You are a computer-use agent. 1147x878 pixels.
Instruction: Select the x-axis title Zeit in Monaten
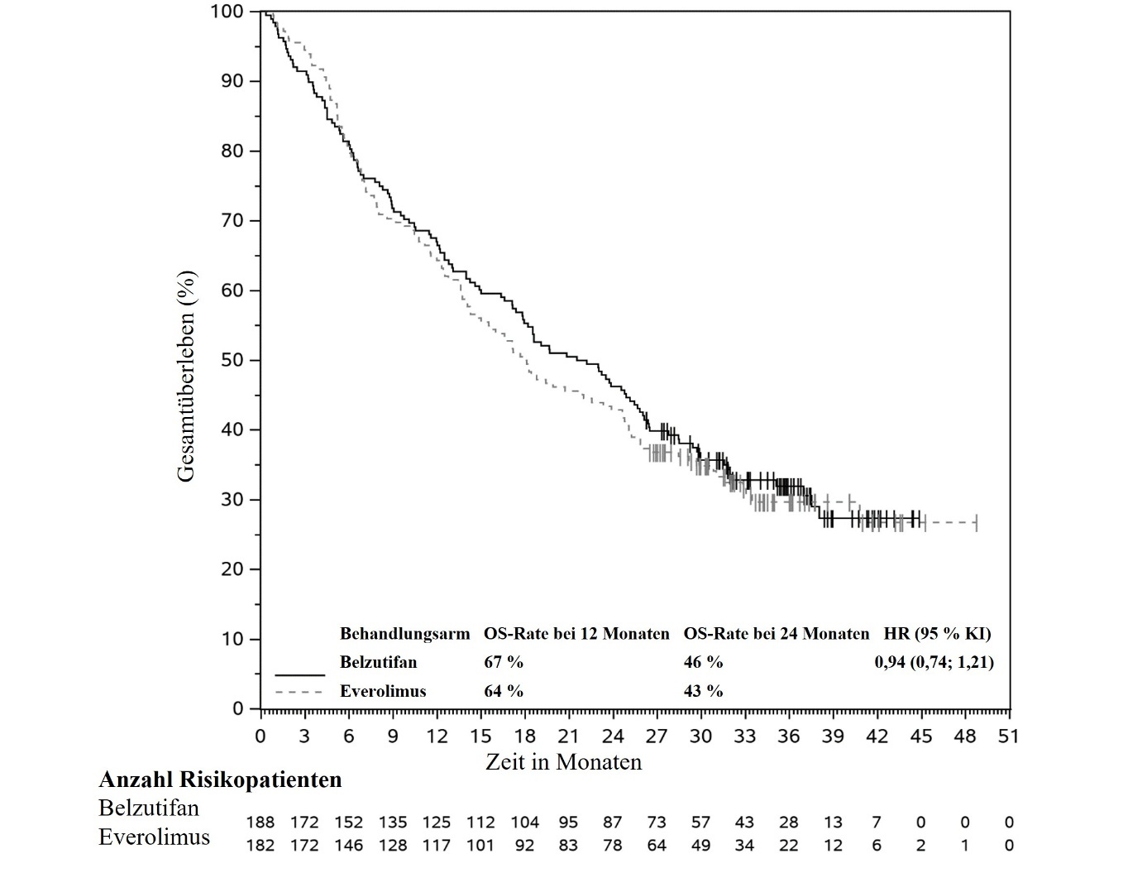click(563, 761)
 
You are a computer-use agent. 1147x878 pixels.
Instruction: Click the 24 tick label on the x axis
click(612, 736)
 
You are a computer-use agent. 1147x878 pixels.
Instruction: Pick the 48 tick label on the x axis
click(964, 736)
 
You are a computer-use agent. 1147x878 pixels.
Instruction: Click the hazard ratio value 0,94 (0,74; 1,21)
click(934, 662)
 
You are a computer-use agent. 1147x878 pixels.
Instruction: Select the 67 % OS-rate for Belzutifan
click(504, 662)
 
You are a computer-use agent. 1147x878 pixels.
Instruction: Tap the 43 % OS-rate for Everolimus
click(703, 691)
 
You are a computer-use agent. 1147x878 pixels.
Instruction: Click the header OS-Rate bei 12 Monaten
click(576, 634)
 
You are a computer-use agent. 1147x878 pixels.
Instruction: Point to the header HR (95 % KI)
click(938, 634)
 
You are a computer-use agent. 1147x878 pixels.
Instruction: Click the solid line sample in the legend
click(299, 674)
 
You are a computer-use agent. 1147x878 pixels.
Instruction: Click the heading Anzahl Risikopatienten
click(220, 780)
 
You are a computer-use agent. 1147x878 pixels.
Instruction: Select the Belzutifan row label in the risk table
click(149, 808)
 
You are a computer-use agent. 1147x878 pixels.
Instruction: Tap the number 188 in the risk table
click(261, 823)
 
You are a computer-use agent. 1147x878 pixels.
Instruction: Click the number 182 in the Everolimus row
click(261, 845)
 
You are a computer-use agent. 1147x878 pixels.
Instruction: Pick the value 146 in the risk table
click(349, 845)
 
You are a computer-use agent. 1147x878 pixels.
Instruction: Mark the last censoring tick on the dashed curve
click(977, 523)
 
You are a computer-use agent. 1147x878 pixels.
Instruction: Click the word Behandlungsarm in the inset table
click(404, 634)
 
